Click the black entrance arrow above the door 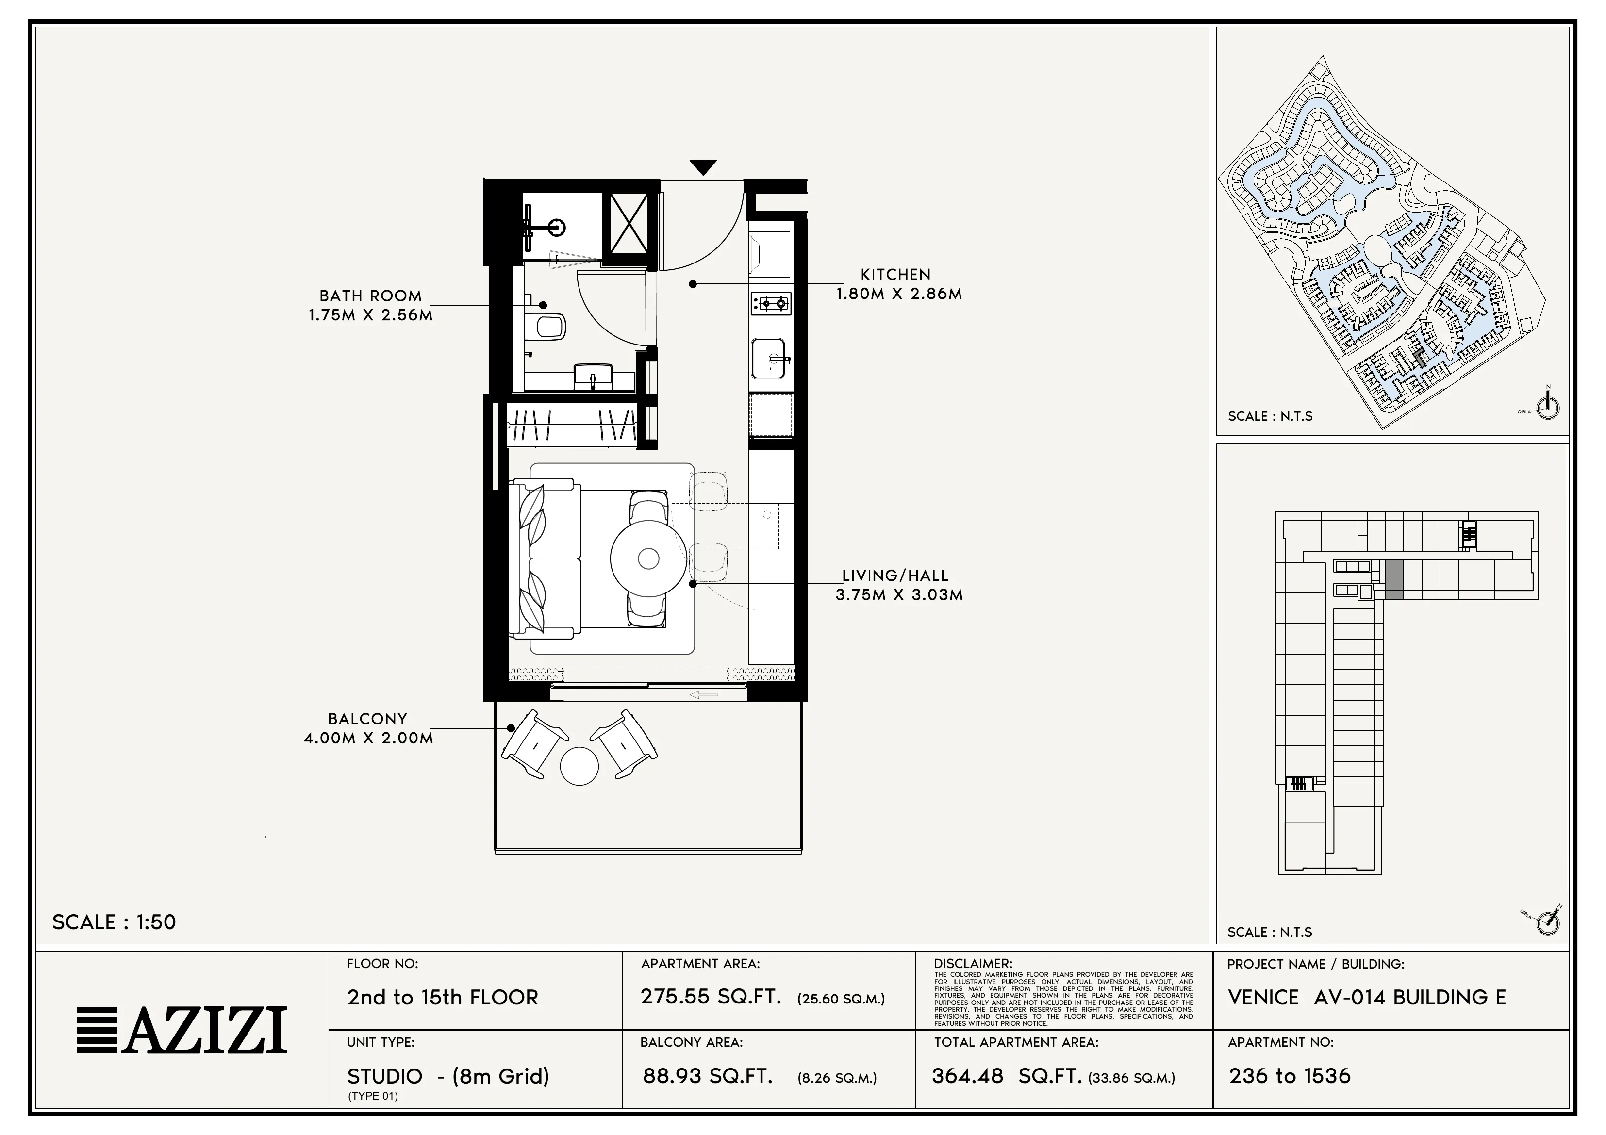[x=702, y=167]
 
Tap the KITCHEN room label [x=895, y=275]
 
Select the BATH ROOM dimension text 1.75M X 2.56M [x=371, y=315]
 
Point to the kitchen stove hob [x=771, y=303]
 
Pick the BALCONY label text [x=367, y=719]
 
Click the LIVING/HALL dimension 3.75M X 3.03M [x=899, y=595]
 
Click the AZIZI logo [x=182, y=1030]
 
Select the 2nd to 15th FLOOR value [x=443, y=997]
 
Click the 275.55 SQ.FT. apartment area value [x=711, y=997]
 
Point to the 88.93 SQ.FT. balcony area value [x=707, y=1076]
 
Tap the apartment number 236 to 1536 [x=1289, y=1076]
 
